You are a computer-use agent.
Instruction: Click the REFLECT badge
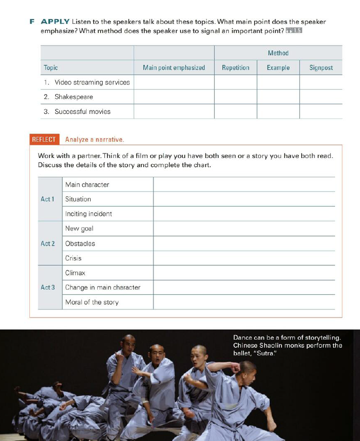coord(44,139)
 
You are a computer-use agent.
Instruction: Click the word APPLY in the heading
coord(55,22)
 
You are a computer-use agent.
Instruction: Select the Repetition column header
coord(235,67)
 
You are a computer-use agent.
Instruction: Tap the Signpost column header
coord(321,67)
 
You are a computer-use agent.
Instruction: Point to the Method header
coord(278,53)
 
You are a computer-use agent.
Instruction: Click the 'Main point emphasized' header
coord(174,67)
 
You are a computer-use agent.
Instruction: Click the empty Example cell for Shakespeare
coord(278,97)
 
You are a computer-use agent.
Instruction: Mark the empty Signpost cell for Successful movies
coord(321,111)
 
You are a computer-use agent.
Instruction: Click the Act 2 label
coord(48,244)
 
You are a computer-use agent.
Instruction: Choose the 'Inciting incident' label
coord(89,214)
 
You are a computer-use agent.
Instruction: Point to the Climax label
coord(75,273)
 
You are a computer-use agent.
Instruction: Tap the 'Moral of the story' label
coord(92,302)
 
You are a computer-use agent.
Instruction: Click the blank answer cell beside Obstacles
coord(244,244)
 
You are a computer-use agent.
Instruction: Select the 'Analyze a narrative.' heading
coord(95,139)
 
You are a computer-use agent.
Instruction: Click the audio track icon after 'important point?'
coord(294,31)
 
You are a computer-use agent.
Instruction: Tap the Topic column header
coord(51,67)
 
